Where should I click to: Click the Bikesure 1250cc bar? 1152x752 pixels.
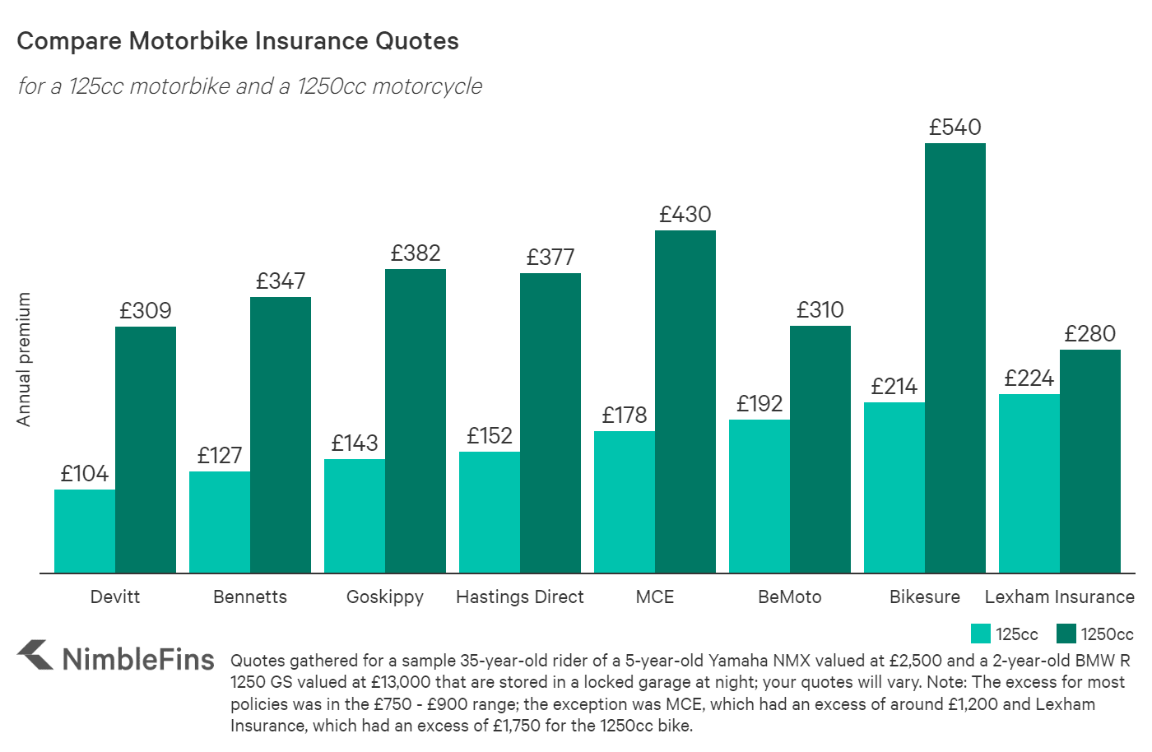pyautogui.click(x=955, y=358)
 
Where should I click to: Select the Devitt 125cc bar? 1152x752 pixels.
pyautogui.click(x=85, y=532)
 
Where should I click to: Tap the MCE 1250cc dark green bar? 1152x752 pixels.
pyautogui.click(x=685, y=402)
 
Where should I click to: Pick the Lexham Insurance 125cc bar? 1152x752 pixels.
pyautogui.click(x=1029, y=484)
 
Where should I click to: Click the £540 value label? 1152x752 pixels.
pyautogui.click(x=955, y=128)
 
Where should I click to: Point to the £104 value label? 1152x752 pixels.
pyautogui.click(x=85, y=474)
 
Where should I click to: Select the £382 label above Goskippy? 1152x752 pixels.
pyautogui.click(x=416, y=253)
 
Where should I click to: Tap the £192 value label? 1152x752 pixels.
pyautogui.click(x=759, y=404)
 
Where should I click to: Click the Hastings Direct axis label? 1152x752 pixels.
pyautogui.click(x=519, y=597)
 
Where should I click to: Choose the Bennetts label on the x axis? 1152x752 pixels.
pyautogui.click(x=250, y=597)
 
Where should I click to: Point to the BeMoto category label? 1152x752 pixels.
pyautogui.click(x=789, y=597)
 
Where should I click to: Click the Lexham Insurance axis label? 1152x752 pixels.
pyautogui.click(x=1059, y=597)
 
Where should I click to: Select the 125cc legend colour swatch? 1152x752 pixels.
pyautogui.click(x=980, y=634)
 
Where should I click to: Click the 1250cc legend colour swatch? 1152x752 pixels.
pyautogui.click(x=1066, y=634)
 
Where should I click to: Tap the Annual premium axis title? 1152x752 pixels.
pyautogui.click(x=24, y=360)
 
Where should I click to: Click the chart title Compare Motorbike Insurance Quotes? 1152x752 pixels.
pyautogui.click(x=238, y=41)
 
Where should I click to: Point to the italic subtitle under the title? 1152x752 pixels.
pyautogui.click(x=249, y=86)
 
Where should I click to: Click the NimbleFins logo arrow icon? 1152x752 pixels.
pyautogui.click(x=35, y=655)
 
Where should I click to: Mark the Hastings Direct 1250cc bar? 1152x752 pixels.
pyautogui.click(x=550, y=423)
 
